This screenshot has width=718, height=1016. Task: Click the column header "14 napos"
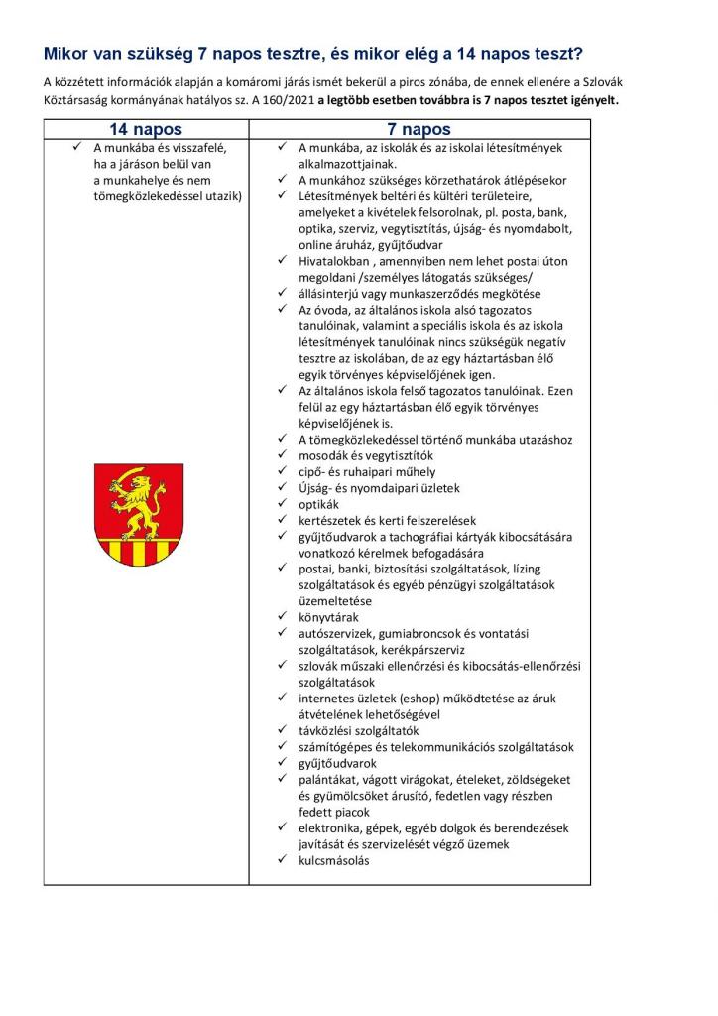[x=146, y=129]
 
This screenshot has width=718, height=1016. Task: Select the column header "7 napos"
[x=419, y=129]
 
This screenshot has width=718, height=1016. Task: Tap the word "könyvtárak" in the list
[x=328, y=617]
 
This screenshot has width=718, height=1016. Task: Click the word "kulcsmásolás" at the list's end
[x=333, y=860]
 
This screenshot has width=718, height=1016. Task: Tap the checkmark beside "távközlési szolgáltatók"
[x=282, y=731]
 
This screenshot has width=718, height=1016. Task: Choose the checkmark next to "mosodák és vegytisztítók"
[x=282, y=455]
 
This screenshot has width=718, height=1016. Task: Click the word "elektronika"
[x=331, y=828]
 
